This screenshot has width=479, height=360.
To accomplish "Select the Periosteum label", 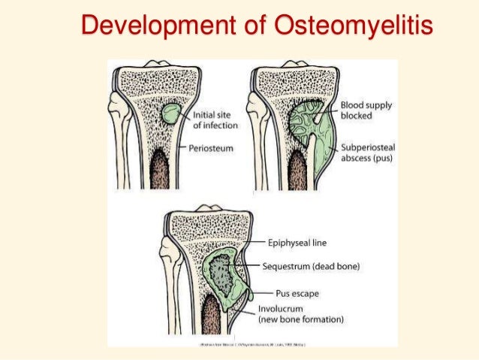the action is pyautogui.click(x=211, y=149).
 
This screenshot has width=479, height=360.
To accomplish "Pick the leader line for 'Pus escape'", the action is pyautogui.click(x=263, y=292).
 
